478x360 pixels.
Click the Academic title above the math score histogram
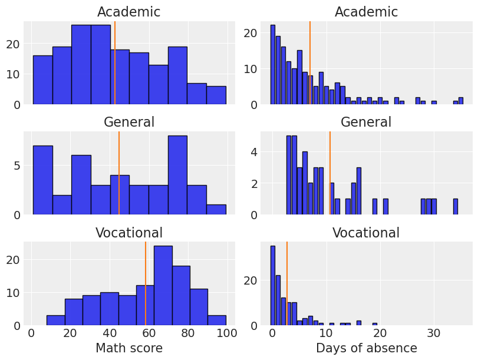[x=128, y=12]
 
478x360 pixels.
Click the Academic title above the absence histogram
[x=366, y=12]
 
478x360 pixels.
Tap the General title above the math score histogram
[x=128, y=122]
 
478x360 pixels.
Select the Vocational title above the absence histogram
[x=366, y=233]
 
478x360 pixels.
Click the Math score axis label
[x=129, y=348]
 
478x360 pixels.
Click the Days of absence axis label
[x=366, y=348]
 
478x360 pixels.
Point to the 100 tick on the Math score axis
[x=226, y=333]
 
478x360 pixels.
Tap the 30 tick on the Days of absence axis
[x=433, y=333]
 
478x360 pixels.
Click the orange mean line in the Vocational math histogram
[x=146, y=283]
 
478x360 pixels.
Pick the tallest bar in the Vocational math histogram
[x=163, y=286]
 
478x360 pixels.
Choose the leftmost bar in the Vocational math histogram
[x=55, y=321]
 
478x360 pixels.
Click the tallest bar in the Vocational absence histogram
[x=272, y=286]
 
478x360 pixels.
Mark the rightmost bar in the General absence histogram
[x=455, y=207]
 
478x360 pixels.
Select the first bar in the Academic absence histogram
[x=272, y=65]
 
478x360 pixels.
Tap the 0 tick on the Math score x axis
[x=32, y=333]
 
